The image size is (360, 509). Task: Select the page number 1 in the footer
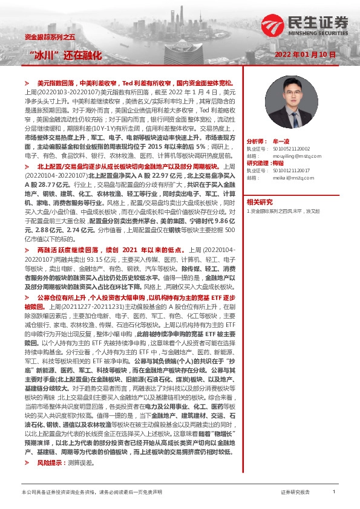(334, 492)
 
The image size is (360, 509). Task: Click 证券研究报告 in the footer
(295, 493)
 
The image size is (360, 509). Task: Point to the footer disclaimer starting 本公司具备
(91, 493)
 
